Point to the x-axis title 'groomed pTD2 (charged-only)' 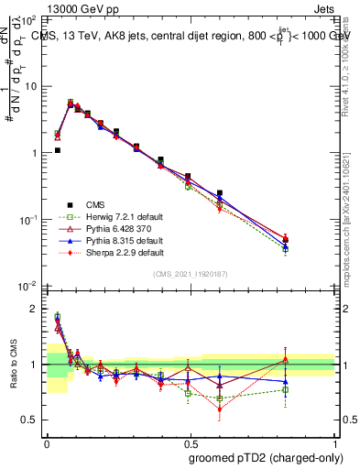[x=259, y=457]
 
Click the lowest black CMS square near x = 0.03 [x=57, y=150]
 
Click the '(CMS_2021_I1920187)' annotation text [x=190, y=273]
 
